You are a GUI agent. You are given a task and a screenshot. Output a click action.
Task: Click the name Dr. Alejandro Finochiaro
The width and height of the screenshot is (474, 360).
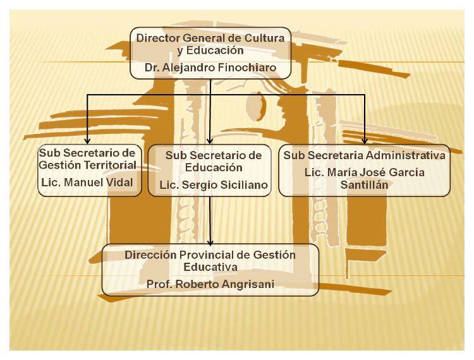click(210, 66)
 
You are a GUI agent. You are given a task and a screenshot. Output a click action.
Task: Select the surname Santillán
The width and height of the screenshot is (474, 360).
click(364, 185)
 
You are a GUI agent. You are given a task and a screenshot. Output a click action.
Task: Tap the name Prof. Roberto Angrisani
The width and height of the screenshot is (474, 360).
click(210, 284)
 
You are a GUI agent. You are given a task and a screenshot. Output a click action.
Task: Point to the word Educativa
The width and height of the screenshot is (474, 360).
click(210, 267)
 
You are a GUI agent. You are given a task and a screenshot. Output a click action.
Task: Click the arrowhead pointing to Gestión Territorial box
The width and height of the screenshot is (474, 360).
click(87, 140)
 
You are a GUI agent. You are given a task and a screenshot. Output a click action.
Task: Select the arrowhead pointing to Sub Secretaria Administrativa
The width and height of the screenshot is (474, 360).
click(365, 140)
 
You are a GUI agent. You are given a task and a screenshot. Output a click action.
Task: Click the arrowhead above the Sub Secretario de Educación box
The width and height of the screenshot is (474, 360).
click(210, 140)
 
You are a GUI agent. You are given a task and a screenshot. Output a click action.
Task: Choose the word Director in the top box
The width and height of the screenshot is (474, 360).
click(155, 39)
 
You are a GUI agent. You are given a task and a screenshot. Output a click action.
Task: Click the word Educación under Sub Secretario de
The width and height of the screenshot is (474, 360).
click(214, 168)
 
